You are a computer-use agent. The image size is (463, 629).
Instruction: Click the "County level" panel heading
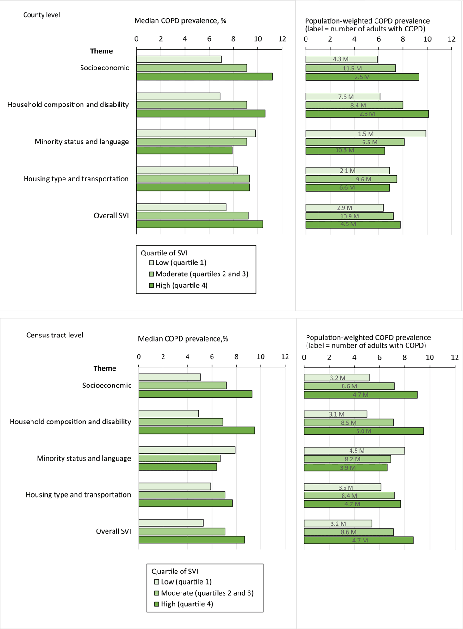tap(42, 15)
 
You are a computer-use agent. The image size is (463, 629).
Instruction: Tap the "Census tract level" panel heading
tap(55, 335)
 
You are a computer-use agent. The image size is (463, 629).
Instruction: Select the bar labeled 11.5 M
tap(350, 68)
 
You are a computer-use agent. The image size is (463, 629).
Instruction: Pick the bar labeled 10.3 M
tap(345, 150)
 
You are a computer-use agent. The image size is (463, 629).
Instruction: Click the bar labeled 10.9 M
tap(349, 216)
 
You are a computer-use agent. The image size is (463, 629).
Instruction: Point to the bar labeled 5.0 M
tap(363, 431)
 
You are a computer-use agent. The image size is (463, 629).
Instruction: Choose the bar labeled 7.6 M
tap(343, 97)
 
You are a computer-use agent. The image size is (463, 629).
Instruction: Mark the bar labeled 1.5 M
tap(365, 134)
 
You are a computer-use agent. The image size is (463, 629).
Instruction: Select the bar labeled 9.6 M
tap(351, 179)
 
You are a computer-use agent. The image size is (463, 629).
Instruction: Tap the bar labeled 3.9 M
tap(345, 467)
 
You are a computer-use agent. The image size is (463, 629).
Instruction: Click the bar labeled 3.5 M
tap(342, 487)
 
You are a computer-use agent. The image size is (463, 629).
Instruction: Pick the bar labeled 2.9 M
tap(344, 208)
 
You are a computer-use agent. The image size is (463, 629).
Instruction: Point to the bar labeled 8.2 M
tap(347, 459)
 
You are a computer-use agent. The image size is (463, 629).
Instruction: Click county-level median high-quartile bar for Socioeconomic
tap(204, 76)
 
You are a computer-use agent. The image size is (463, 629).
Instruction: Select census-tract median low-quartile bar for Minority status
tap(187, 450)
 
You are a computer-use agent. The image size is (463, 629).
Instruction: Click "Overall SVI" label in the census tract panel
tap(113, 531)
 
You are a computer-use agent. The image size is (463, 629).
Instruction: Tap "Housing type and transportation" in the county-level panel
tap(76, 179)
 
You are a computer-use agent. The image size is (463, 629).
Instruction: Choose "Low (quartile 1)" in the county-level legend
tap(181, 262)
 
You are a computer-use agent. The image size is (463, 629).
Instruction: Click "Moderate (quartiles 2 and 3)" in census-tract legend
tap(207, 593)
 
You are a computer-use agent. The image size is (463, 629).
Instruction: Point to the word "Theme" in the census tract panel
tap(105, 368)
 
